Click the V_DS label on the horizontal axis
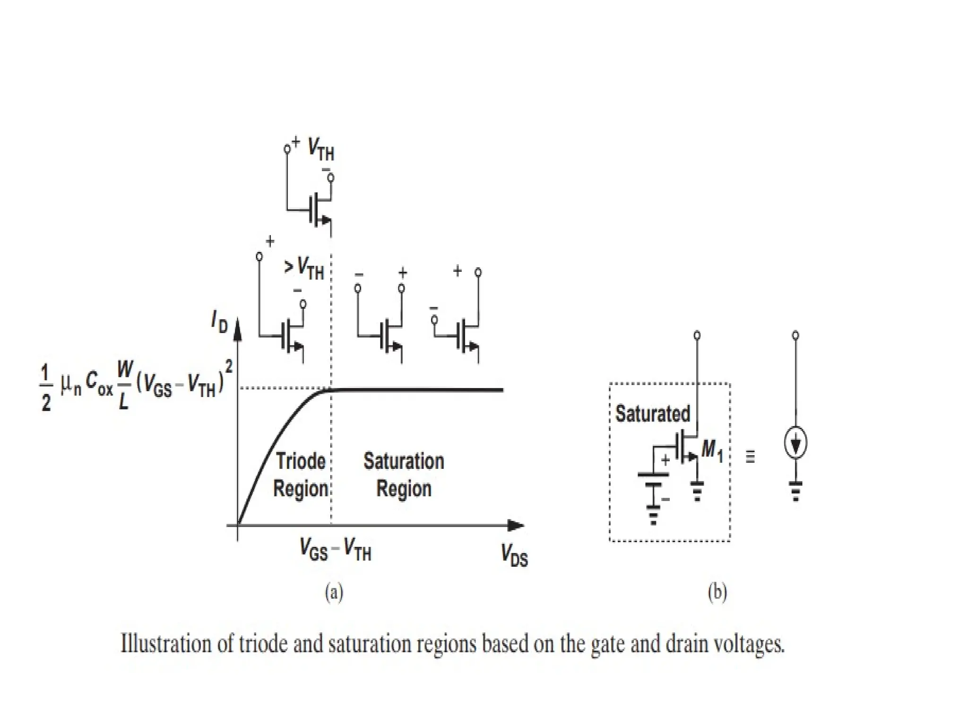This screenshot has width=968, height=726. pyautogui.click(x=514, y=555)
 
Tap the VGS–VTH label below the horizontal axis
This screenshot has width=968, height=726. pyautogui.click(x=336, y=550)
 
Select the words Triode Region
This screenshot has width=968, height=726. pyautogui.click(x=301, y=475)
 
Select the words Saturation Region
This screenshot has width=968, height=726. pyautogui.click(x=404, y=475)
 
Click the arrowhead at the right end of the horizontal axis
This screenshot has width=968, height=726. pyautogui.click(x=516, y=525)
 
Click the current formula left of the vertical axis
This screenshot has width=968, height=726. pyautogui.click(x=135, y=385)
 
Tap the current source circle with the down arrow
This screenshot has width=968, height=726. pyautogui.click(x=795, y=443)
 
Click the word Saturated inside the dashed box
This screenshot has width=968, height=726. pyautogui.click(x=653, y=414)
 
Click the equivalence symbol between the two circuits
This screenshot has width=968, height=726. pyautogui.click(x=750, y=457)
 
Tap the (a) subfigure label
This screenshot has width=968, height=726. pyautogui.click(x=334, y=592)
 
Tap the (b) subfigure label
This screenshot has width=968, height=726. pyautogui.click(x=717, y=592)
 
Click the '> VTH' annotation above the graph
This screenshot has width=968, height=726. pyautogui.click(x=303, y=268)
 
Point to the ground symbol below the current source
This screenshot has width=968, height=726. pyautogui.click(x=796, y=491)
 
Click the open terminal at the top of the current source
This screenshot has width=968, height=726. pyautogui.click(x=795, y=336)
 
